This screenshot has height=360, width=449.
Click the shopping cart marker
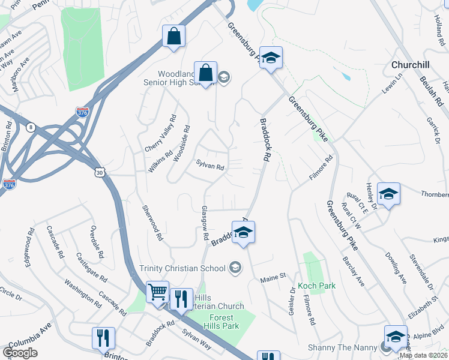click(x=158, y=292)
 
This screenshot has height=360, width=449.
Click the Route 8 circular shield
click(x=31, y=127)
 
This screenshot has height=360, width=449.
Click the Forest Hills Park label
click(x=223, y=321)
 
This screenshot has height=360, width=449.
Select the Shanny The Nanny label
click(x=342, y=347)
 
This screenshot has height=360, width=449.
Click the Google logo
click(x=20, y=353)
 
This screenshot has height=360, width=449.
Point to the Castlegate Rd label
click(x=91, y=268)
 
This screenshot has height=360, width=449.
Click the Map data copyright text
click(x=423, y=355)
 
